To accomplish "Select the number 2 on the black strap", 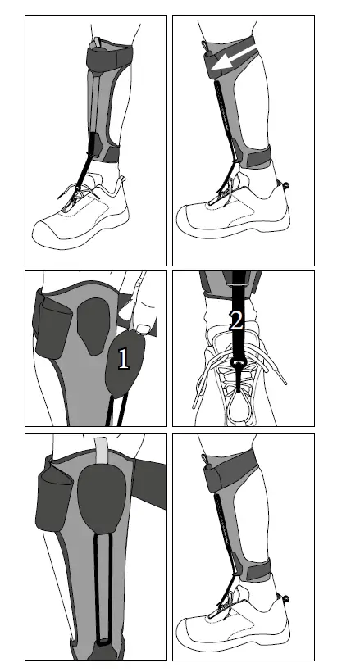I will pos(236,320).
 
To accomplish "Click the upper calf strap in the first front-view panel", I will pos(107,60).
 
